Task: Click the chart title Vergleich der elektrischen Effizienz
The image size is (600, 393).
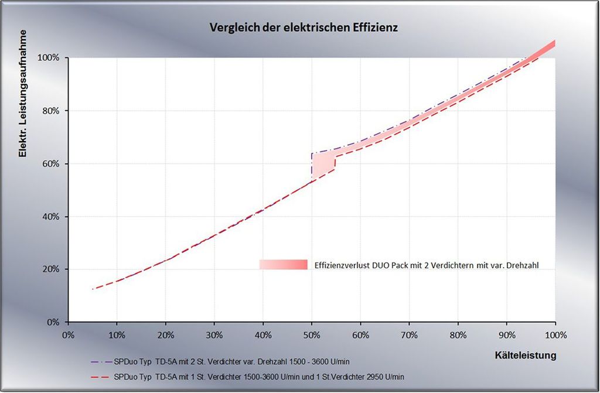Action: [304, 28]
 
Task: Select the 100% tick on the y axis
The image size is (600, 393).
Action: [50, 58]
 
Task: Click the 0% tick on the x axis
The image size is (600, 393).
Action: [68, 336]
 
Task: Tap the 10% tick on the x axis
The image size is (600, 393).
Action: [117, 336]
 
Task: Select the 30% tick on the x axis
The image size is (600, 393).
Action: [214, 336]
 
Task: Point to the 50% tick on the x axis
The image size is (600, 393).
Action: [312, 336]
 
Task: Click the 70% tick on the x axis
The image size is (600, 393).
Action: [409, 336]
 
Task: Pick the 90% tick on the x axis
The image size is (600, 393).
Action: [507, 336]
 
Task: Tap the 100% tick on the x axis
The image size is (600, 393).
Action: [554, 336]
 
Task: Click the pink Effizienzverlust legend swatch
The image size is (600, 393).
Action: [284, 265]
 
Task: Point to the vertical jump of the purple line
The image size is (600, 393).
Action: [312, 167]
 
